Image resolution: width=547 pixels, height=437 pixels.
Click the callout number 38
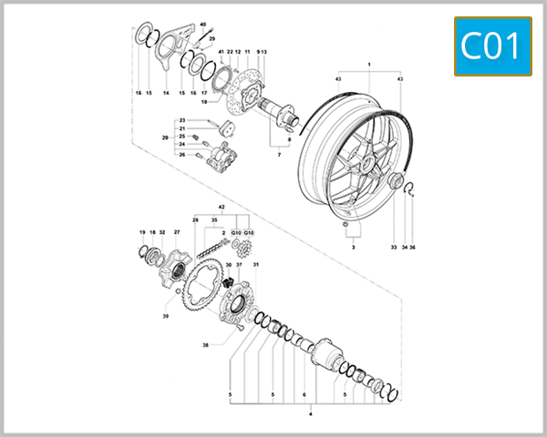(205, 346)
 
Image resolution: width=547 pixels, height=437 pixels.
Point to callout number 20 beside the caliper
(165, 137)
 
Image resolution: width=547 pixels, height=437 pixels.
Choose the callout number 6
(303, 395)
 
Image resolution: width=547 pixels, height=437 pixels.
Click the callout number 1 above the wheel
(369, 65)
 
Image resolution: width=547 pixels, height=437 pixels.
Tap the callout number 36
(412, 248)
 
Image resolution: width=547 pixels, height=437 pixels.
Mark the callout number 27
(177, 233)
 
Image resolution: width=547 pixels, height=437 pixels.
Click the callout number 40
(203, 24)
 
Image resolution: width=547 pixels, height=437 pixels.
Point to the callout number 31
(256, 265)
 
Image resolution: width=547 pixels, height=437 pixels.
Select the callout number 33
(394, 248)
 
